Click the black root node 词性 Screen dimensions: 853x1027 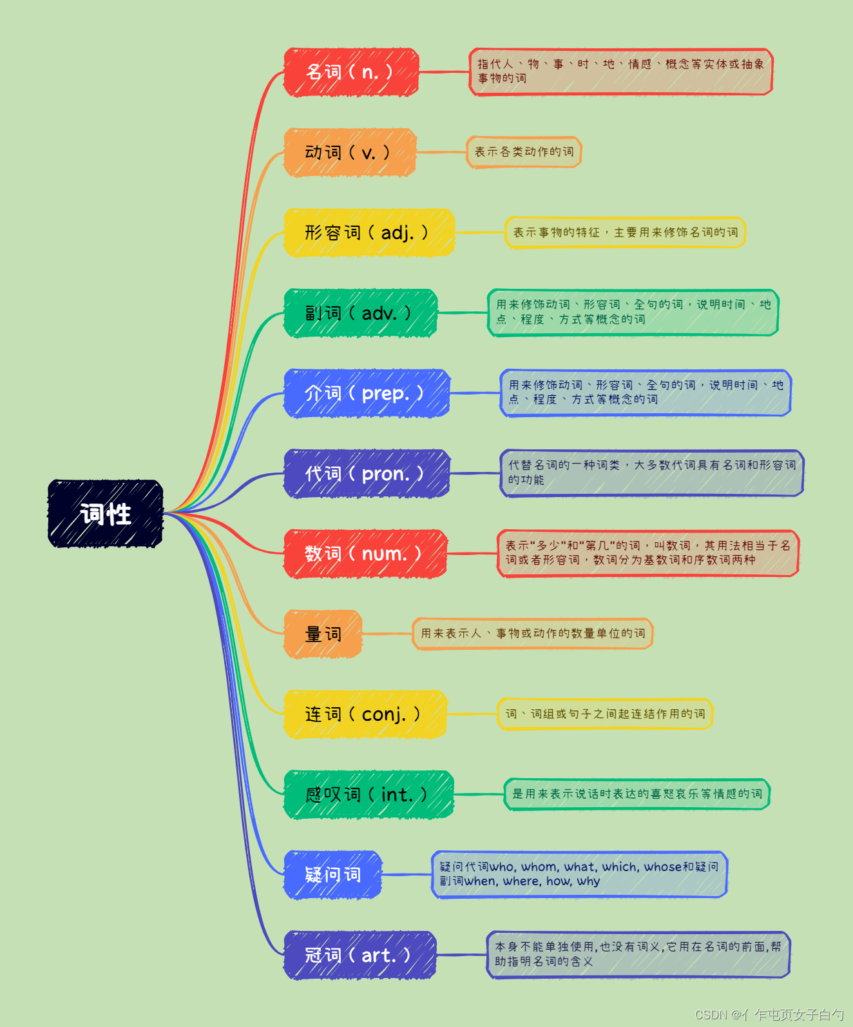pos(106,514)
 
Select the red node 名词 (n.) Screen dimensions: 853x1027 pos(351,72)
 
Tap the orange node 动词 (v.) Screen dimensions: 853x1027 pos(350,153)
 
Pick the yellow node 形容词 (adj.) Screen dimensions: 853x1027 pos(369,233)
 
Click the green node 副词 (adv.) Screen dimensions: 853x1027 pos(360,313)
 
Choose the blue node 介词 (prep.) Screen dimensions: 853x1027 pos(366,393)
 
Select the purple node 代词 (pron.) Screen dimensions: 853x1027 pos(366,474)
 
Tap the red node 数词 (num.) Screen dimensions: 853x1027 pos(365,554)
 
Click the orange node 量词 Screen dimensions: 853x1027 pos(323,634)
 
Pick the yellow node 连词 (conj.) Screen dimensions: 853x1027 pos(365,714)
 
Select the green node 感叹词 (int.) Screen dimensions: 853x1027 pos(369,795)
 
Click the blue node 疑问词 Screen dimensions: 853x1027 pos(332,875)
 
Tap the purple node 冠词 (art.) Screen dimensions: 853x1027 pos(359,955)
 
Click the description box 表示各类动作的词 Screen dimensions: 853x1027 pos(524,152)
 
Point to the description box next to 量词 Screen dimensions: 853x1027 pos(533,634)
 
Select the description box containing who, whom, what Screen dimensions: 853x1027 pos(579,874)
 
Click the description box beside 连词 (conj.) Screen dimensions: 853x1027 pos(605,714)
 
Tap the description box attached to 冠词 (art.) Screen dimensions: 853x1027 pos(638,954)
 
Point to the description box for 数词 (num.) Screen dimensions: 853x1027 pos(647,553)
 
